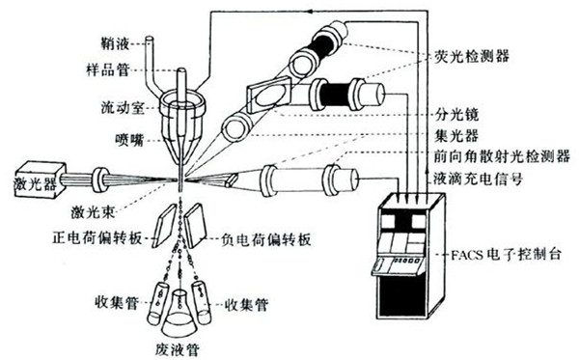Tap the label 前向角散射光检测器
coord(498,155)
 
